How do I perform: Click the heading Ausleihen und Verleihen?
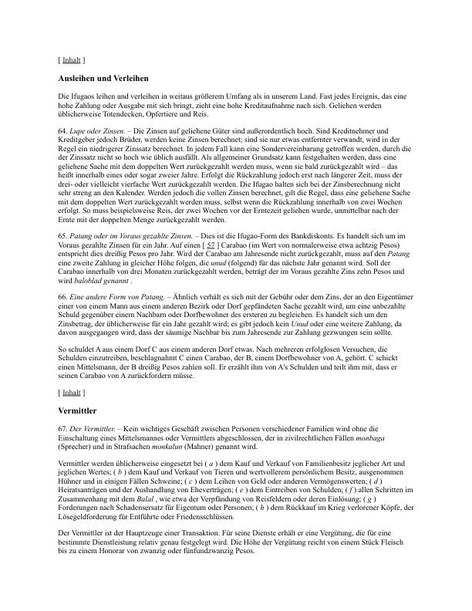tap(103, 79)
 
